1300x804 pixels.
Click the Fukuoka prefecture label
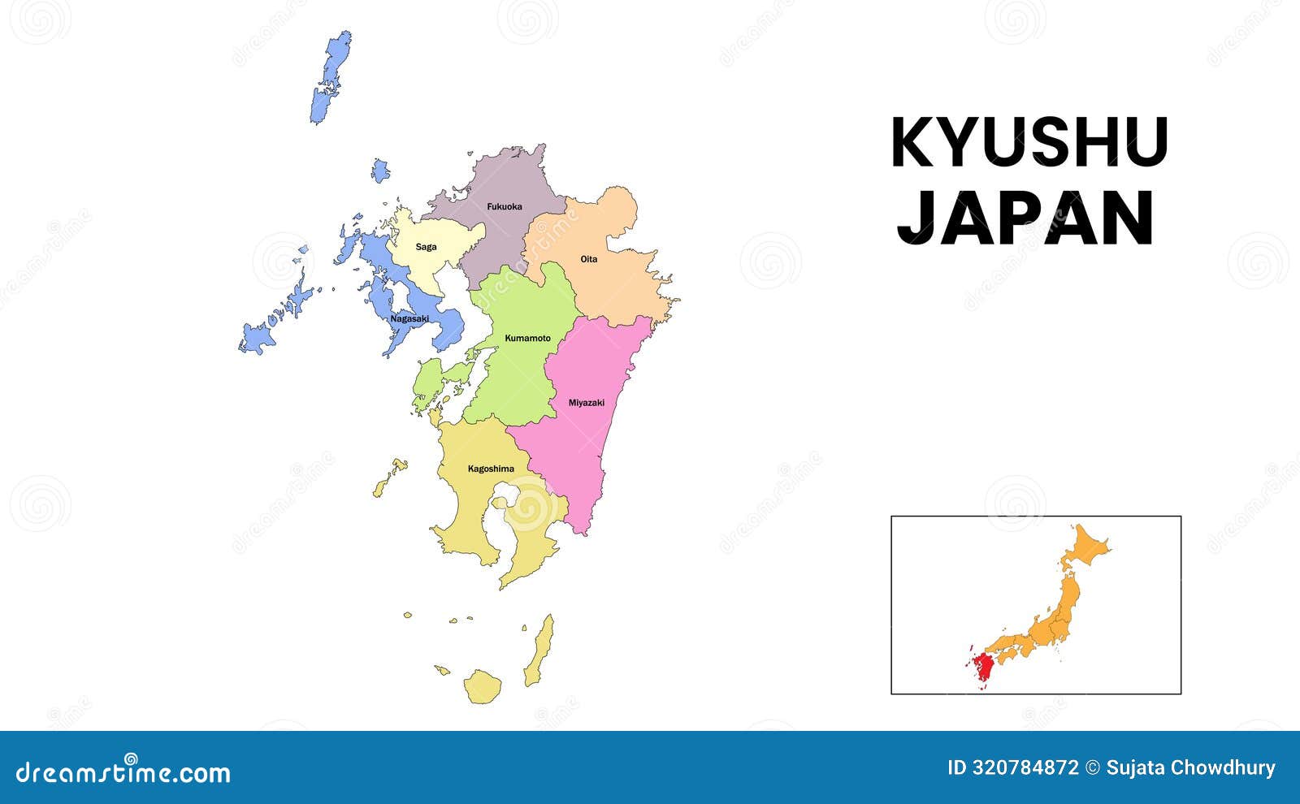point(504,206)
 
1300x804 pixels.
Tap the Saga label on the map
point(426,247)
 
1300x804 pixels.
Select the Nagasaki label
point(409,318)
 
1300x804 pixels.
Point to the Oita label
point(588,259)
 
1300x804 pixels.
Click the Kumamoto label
point(527,338)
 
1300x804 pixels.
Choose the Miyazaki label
point(586,403)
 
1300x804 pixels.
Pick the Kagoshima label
point(491,469)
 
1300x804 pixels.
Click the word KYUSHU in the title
point(1029,143)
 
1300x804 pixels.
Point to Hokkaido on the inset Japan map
point(1085,547)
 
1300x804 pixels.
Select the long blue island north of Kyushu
point(331,77)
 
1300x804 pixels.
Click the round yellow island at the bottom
point(483,686)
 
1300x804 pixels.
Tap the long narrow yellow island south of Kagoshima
point(539,651)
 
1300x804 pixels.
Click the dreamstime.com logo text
point(123,772)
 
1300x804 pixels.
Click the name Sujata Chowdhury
point(1190,767)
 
